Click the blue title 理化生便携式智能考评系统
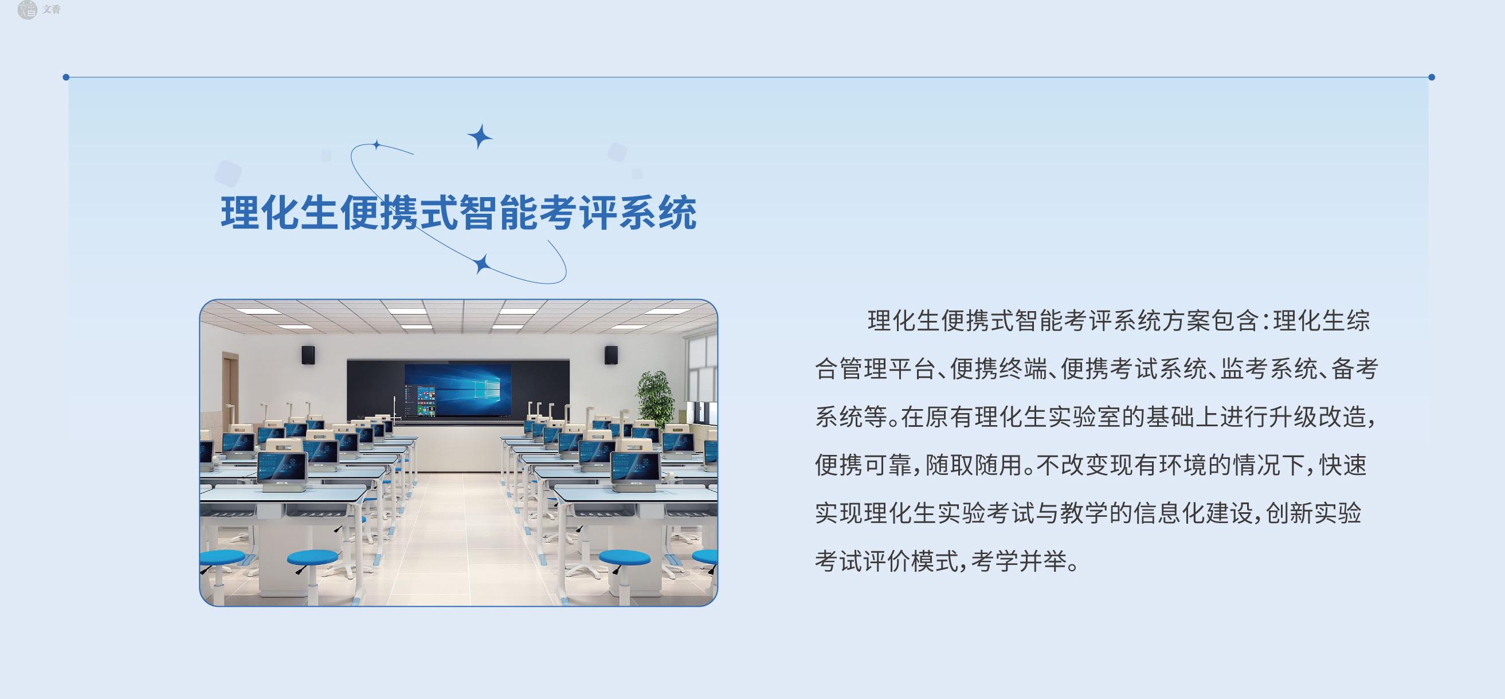[x=458, y=213]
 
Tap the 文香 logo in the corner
[x=38, y=9]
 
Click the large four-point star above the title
[x=480, y=136]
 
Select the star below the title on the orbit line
[x=481, y=265]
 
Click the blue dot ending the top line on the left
[x=66, y=77]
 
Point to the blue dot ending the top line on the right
[x=1432, y=77]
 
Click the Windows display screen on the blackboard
[x=457, y=390]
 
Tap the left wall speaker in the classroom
[x=308, y=355]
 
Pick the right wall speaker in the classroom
[x=611, y=355]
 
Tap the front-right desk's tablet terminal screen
[x=636, y=466]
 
